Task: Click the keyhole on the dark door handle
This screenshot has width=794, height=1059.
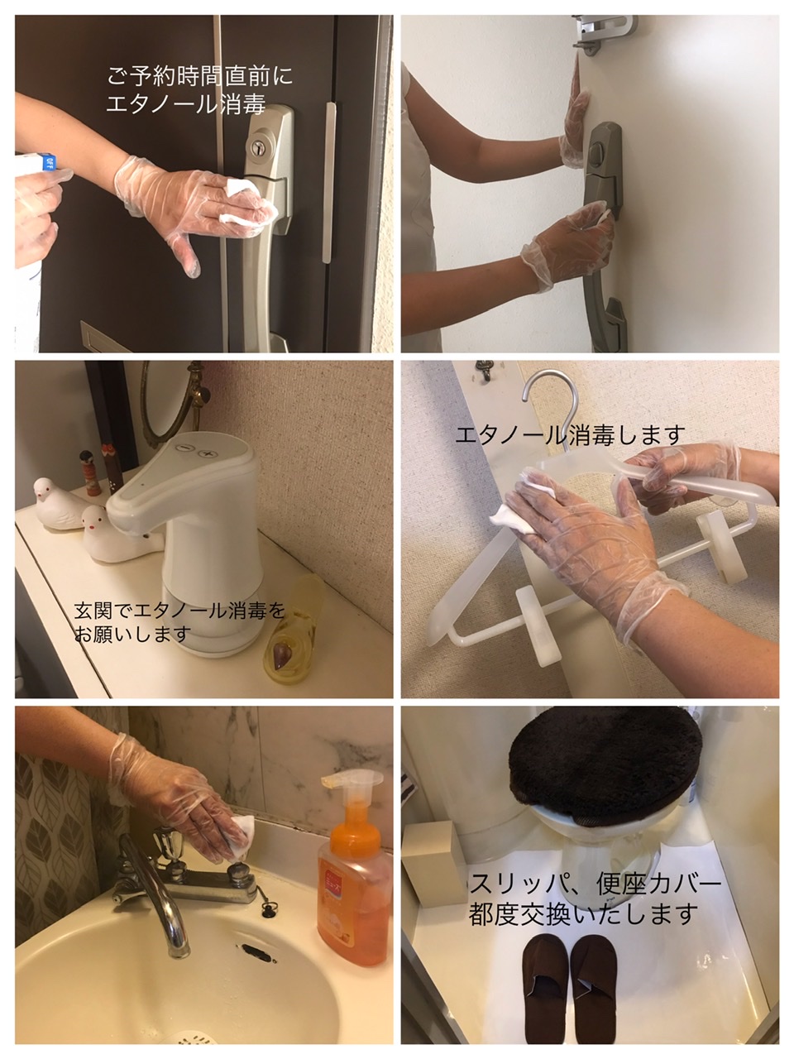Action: tap(259, 147)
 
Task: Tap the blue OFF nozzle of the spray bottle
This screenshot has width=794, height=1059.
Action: tap(47, 161)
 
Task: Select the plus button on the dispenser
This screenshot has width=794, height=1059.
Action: tap(208, 454)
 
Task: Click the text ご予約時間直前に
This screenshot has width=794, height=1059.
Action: tap(199, 77)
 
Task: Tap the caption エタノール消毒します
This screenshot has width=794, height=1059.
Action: tap(571, 434)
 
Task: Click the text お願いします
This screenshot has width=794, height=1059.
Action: tap(132, 634)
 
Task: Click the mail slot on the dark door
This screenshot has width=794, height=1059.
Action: tap(103, 336)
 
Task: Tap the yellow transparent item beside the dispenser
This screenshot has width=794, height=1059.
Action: tap(292, 633)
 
